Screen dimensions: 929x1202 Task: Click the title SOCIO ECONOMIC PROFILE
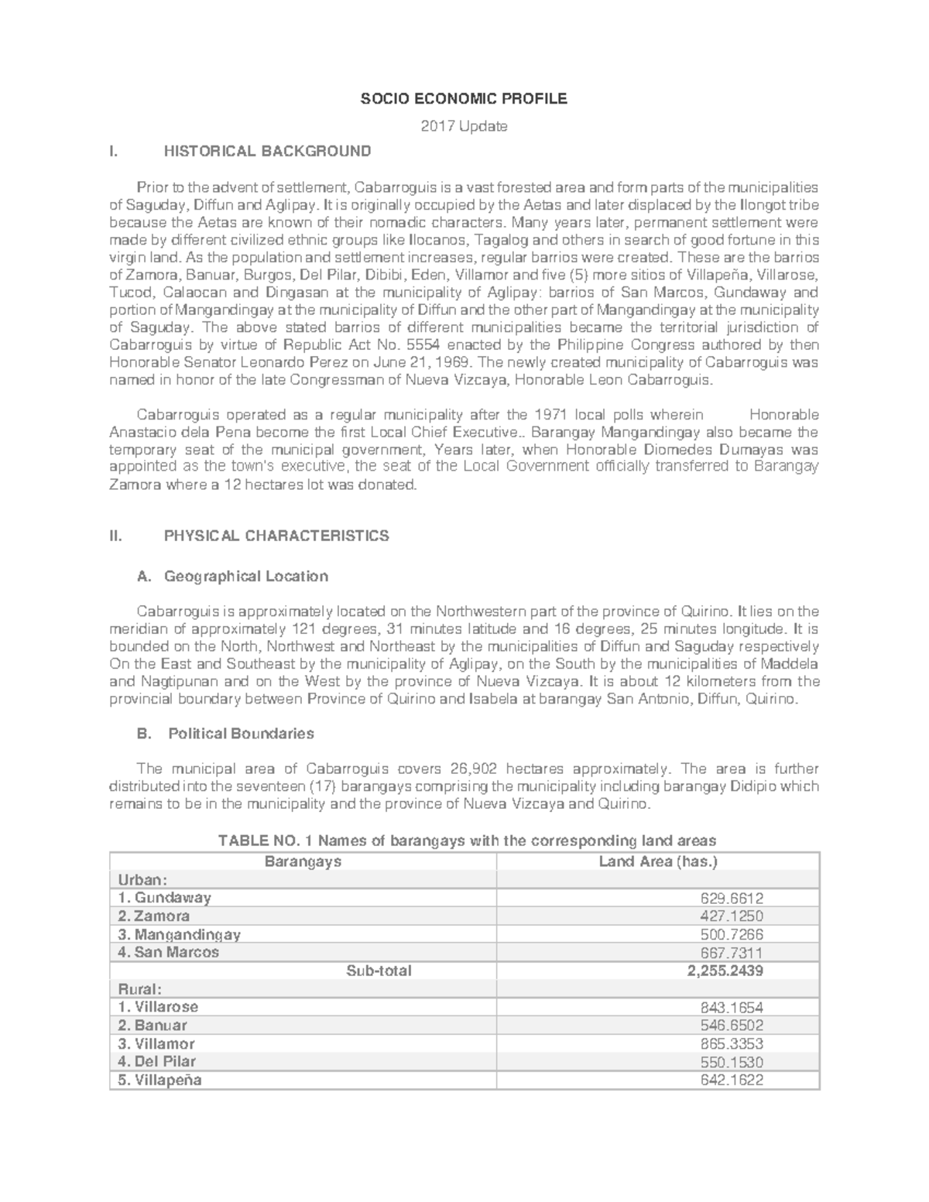point(464,99)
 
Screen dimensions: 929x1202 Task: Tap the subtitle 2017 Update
point(464,126)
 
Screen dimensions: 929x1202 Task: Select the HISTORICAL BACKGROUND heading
point(267,150)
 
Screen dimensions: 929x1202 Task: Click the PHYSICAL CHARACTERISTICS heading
point(276,536)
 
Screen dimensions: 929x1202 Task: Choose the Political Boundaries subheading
point(241,734)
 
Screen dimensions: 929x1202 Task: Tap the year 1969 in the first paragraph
point(453,362)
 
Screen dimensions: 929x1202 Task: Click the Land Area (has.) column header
point(659,862)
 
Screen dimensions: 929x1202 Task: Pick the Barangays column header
point(303,862)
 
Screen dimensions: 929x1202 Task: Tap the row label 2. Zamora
point(153,916)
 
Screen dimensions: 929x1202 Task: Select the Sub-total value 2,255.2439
point(725,971)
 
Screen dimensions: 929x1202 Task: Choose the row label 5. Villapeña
point(160,1080)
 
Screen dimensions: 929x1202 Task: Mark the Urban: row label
point(142,881)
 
